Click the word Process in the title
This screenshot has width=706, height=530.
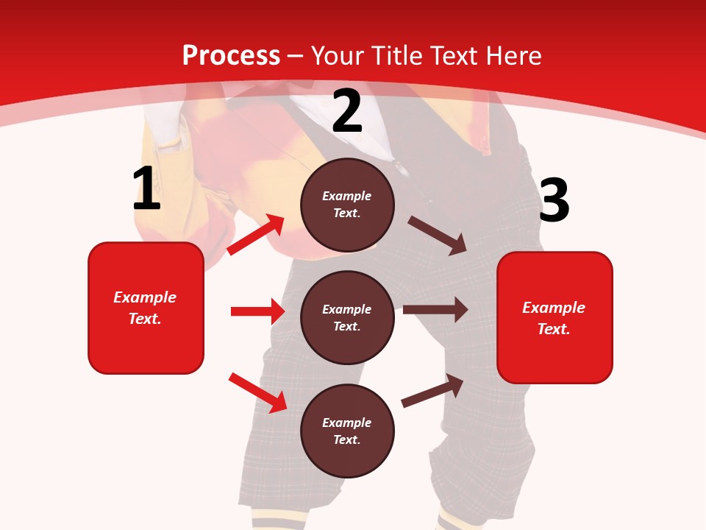click(x=231, y=56)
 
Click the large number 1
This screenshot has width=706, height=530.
click(x=146, y=189)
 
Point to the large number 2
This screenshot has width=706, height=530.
click(x=347, y=112)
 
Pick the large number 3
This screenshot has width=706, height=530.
click(x=554, y=201)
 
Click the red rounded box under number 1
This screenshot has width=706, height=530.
click(x=146, y=308)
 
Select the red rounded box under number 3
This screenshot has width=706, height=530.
click(x=555, y=318)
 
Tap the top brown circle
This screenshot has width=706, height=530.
click(x=347, y=205)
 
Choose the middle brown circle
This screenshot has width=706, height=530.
click(x=347, y=318)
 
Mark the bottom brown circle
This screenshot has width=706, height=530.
click(x=347, y=431)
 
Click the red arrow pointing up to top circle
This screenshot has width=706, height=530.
click(x=256, y=235)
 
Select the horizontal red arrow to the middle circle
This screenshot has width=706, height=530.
click(x=257, y=311)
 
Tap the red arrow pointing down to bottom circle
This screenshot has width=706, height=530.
click(x=257, y=392)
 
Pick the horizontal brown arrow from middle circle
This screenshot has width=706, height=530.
click(x=435, y=310)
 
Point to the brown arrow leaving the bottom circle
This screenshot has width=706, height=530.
click(x=432, y=390)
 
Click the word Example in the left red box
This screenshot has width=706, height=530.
click(x=145, y=297)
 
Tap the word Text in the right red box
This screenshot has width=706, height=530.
click(x=553, y=329)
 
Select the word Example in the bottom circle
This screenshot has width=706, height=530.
click(x=347, y=423)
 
